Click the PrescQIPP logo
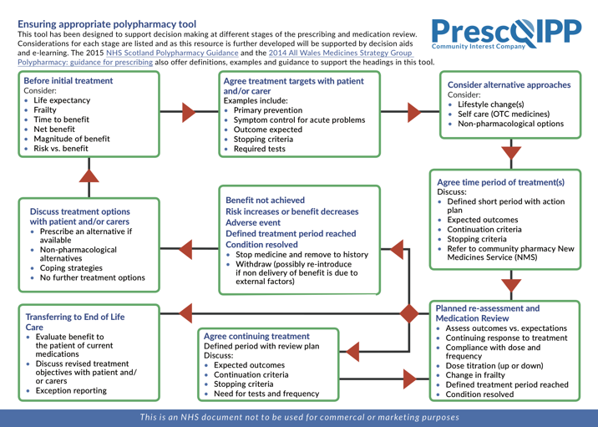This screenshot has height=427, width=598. [506, 34]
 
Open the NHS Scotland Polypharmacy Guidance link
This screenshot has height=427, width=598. [172, 53]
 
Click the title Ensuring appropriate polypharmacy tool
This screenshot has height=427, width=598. [107, 24]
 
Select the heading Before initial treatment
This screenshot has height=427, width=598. [68, 80]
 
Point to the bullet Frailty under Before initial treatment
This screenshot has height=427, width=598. [44, 110]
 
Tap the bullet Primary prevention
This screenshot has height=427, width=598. [268, 110]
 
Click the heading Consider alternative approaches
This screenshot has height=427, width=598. [509, 84]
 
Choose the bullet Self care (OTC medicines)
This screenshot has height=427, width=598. [504, 114]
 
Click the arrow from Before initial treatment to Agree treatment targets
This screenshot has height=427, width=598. [189, 112]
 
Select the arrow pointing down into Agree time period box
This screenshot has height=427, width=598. [511, 154]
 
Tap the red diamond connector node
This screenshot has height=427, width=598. [409, 313]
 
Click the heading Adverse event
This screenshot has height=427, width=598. [253, 222]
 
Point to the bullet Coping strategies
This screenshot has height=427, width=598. [71, 268]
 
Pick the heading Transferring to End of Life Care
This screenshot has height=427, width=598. [75, 322]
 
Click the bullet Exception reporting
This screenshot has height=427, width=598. [71, 390]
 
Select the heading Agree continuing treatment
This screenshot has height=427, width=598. [256, 336]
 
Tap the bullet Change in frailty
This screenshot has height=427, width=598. [475, 375]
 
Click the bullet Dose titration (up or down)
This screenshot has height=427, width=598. [494, 365]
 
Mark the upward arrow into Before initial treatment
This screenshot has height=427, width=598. [89, 176]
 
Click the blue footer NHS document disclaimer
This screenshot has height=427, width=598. [299, 417]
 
